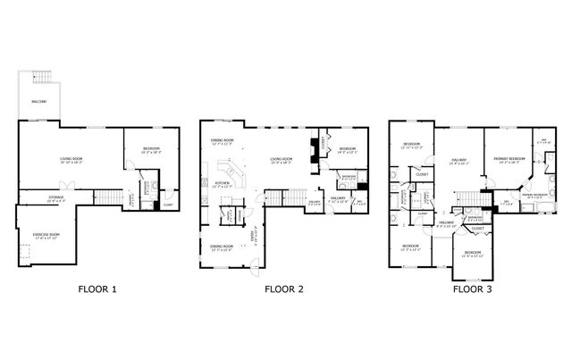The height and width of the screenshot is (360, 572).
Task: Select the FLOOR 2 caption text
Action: (284, 289)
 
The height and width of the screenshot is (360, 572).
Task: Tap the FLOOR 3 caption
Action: (473, 289)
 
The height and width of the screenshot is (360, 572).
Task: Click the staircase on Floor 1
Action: (106, 197)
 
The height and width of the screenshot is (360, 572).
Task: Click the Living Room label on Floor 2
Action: (283, 161)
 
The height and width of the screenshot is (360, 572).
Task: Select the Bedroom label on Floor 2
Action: (347, 149)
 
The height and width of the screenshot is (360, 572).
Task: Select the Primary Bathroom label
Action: (534, 195)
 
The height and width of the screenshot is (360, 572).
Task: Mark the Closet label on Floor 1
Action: (167, 206)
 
